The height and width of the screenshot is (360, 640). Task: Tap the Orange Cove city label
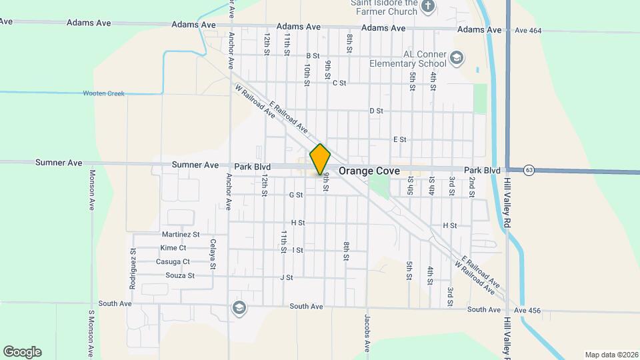[369, 171]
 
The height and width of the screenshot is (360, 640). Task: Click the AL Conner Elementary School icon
[456, 58]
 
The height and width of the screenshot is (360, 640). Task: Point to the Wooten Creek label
[103, 93]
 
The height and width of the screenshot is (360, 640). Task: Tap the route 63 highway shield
[529, 170]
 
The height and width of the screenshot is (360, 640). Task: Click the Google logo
[22, 352]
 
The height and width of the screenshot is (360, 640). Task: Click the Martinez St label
[181, 235]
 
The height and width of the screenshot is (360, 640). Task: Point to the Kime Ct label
[173, 248]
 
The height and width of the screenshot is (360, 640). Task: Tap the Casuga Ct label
[173, 262]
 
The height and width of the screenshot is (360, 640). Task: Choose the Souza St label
[180, 275]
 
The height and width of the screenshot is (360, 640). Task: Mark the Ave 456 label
[526, 311]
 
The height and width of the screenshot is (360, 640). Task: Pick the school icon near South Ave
[238, 307]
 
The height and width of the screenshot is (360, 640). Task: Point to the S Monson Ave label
[91, 333]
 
